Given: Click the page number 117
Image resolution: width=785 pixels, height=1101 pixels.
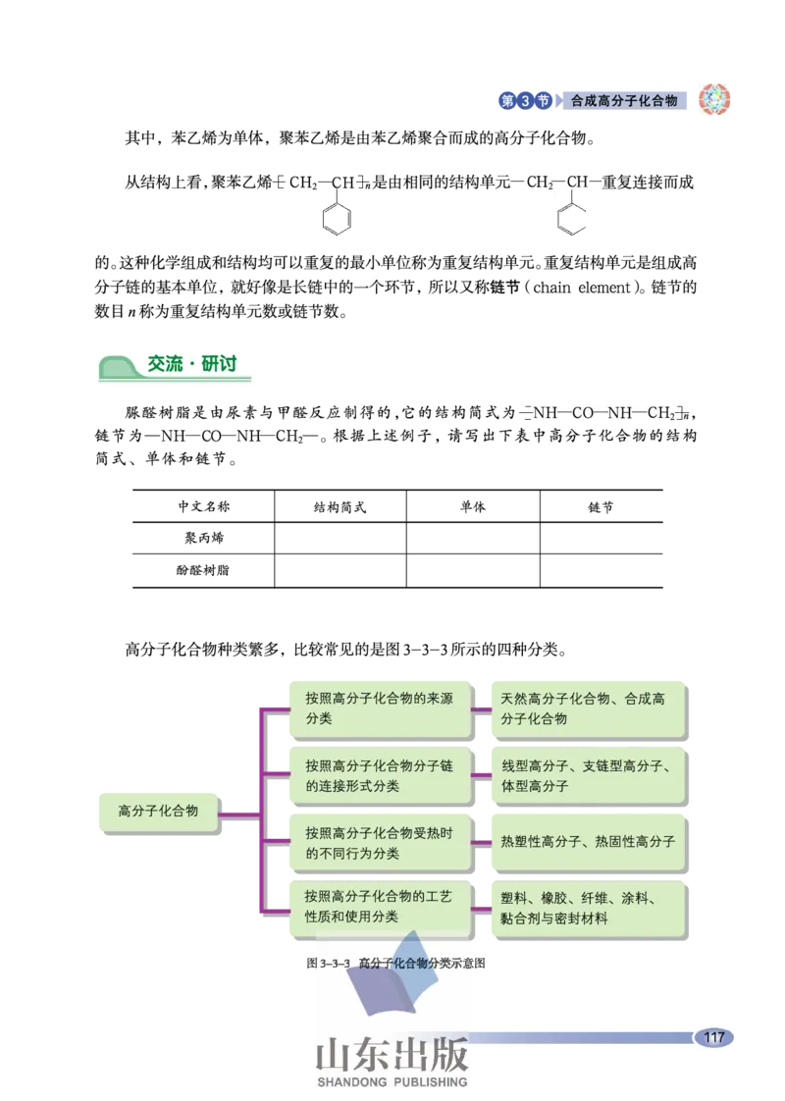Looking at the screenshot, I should (x=713, y=1037).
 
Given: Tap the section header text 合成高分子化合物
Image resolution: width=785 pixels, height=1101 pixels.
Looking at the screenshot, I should (x=624, y=100).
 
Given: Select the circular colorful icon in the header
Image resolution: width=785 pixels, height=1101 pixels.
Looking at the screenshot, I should (x=713, y=99).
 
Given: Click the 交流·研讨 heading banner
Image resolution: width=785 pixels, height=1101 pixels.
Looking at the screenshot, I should (x=181, y=367).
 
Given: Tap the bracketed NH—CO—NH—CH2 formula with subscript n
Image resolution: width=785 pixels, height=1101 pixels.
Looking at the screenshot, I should (x=602, y=413).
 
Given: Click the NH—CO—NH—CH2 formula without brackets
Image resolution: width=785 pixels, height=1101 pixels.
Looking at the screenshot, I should (x=233, y=436).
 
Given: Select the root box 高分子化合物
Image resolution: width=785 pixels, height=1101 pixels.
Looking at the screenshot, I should (x=158, y=811).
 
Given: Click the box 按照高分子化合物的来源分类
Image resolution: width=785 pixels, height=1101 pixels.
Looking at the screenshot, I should (x=378, y=708).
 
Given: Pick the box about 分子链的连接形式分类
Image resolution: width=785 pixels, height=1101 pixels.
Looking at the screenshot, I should (x=378, y=775).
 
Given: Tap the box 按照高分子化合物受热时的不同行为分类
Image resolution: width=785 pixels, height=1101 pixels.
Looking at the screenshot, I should (x=378, y=842).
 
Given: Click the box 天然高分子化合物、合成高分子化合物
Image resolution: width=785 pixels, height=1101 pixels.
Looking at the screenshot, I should (x=587, y=708).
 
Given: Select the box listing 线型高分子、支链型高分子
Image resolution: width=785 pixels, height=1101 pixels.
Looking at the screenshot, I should (x=587, y=775).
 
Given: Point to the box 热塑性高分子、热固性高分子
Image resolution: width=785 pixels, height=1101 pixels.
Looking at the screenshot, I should (x=587, y=841).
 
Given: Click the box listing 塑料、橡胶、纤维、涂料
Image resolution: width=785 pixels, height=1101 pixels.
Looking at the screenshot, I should (x=587, y=908).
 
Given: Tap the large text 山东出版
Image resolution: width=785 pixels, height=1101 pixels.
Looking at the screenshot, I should (x=392, y=1055).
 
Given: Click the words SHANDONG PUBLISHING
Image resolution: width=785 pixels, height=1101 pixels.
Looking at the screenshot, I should (x=392, y=1082).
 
